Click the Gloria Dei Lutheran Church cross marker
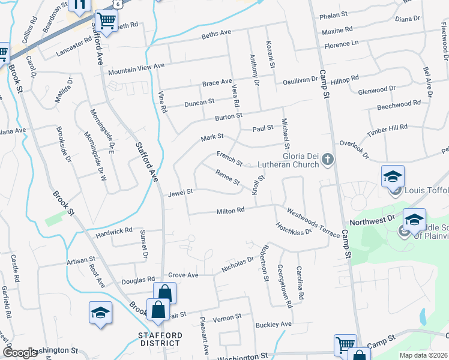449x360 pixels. (x=327, y=160)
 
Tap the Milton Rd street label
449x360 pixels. (x=231, y=211)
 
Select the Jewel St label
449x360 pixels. (x=180, y=192)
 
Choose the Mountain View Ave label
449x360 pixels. (x=136, y=69)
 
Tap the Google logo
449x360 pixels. (x=20, y=352)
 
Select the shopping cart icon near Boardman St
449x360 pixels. (x=106, y=22)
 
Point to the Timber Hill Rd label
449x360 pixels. (x=387, y=127)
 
